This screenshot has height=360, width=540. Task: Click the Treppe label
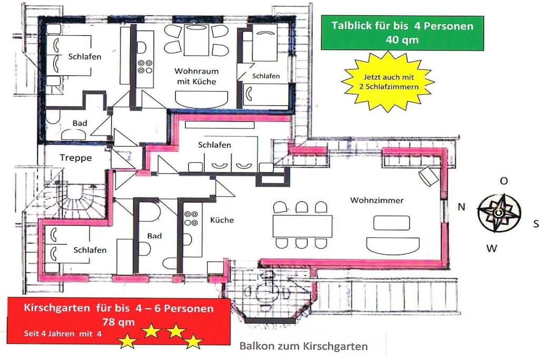click(76, 158)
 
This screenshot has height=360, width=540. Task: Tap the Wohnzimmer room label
click(377, 200)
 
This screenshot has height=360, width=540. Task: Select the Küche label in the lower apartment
click(222, 220)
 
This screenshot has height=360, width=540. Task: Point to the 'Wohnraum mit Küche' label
click(196, 76)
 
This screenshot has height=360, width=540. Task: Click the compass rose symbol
click(499, 213)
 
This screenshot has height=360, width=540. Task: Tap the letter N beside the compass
click(461, 207)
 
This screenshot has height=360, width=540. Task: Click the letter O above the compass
click(504, 181)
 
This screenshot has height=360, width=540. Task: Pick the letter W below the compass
click(492, 248)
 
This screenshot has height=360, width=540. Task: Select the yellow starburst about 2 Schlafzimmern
click(388, 82)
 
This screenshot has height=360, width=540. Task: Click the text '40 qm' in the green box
click(402, 40)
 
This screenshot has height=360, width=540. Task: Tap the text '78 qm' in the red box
click(118, 322)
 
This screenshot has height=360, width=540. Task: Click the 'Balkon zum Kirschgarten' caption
click(303, 346)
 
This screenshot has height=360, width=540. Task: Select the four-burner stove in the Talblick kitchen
click(145, 67)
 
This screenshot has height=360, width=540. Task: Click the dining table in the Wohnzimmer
click(302, 226)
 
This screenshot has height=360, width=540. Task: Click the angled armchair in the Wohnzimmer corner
click(429, 176)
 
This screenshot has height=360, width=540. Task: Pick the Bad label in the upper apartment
click(80, 123)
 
